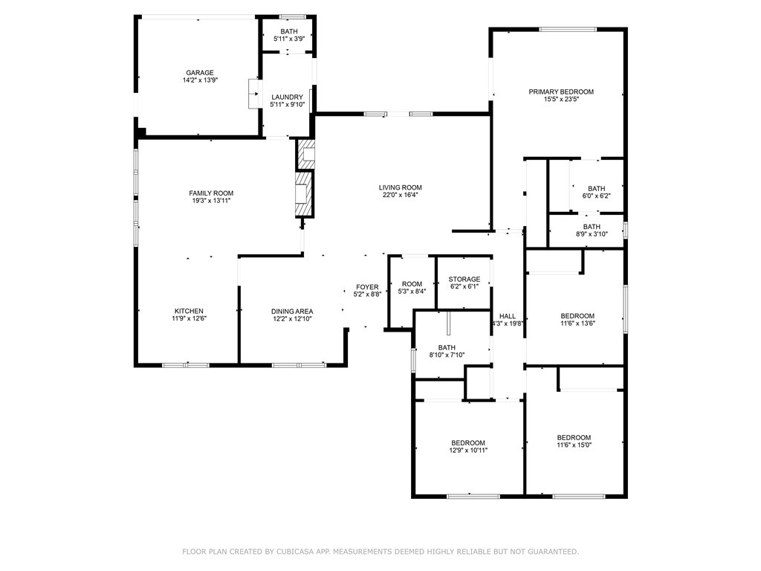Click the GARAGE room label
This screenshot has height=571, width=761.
[x=200, y=73]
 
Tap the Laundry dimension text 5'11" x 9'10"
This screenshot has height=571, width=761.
[x=287, y=105]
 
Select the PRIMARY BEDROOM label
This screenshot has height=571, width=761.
[x=561, y=91]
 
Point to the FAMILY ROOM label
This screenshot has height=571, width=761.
[x=211, y=193]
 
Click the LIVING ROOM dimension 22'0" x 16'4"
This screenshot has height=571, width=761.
[x=401, y=196]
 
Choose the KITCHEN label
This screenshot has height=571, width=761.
[x=189, y=311]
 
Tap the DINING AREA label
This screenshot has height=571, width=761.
[x=291, y=311]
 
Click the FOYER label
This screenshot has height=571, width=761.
[x=367, y=287]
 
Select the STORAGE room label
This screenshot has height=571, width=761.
[x=464, y=280]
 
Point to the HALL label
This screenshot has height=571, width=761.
[x=508, y=316]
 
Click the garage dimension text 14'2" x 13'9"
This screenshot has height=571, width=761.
[x=200, y=80]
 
